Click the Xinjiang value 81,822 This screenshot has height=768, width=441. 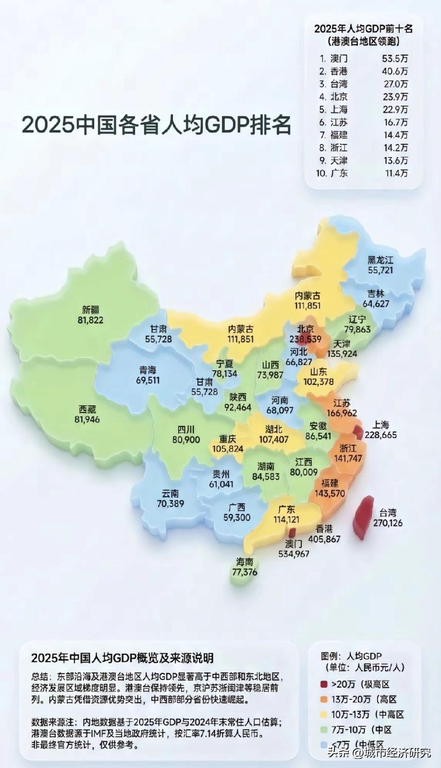[x=90, y=320]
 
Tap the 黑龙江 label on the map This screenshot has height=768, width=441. [x=380, y=260]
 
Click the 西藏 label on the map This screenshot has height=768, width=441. [x=87, y=409]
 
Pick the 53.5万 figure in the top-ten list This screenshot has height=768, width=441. [x=395, y=59]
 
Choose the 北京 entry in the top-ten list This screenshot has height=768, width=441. [x=339, y=97]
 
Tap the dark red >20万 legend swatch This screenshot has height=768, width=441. [x=324, y=684]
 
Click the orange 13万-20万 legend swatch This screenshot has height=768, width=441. [x=324, y=699]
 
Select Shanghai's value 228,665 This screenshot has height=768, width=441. [x=380, y=435]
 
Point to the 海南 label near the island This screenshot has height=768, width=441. [x=245, y=562]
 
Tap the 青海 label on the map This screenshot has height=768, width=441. [x=148, y=370]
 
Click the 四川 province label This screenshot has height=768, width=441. [x=186, y=429]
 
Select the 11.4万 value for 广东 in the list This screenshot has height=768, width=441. [x=396, y=173]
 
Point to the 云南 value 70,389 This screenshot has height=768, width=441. [x=171, y=503]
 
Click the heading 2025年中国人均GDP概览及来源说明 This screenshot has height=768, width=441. [x=122, y=658]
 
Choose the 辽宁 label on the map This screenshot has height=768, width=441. [x=357, y=319]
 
